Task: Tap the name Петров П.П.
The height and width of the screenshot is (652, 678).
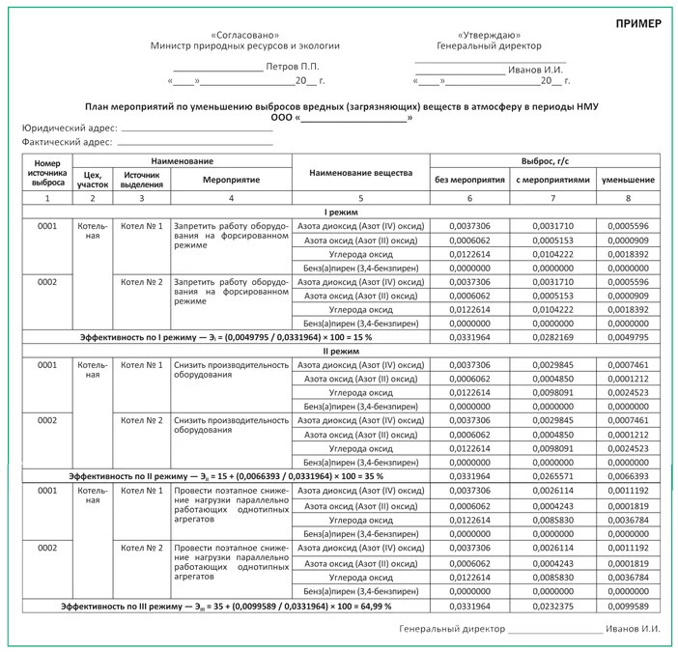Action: (x=292, y=67)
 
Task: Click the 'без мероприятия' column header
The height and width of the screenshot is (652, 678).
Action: (x=470, y=180)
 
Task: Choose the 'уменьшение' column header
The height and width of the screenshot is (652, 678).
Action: (x=628, y=180)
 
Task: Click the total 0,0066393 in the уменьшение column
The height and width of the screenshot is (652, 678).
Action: (x=628, y=476)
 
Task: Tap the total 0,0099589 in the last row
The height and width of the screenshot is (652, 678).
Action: (x=628, y=605)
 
